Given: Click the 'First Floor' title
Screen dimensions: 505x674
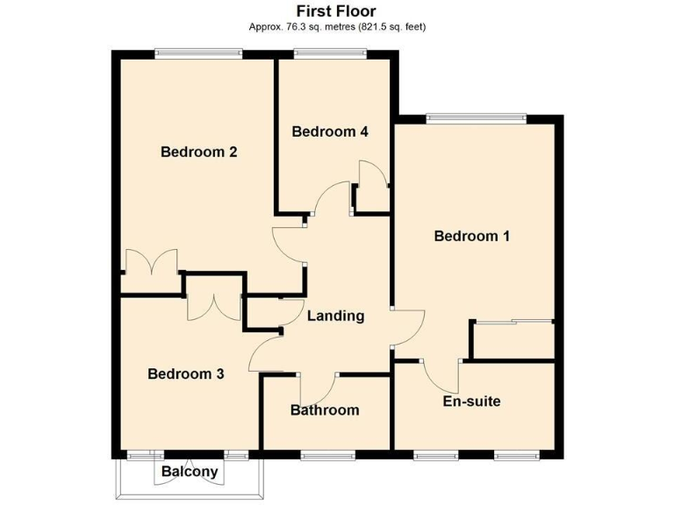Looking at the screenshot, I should tap(336, 11).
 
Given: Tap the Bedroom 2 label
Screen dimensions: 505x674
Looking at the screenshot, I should tap(199, 152).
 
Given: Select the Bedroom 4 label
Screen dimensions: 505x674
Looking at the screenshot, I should tap(329, 132).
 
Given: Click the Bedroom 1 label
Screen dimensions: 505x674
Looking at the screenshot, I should tap(472, 236).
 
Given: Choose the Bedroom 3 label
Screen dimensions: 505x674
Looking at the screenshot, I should tap(185, 374).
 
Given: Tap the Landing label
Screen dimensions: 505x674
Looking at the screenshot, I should tap(335, 316).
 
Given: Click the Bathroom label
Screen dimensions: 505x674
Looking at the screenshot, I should tap(325, 410).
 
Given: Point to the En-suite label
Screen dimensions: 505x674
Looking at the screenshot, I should tap(471, 402).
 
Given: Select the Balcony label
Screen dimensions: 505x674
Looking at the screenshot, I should tap(189, 472).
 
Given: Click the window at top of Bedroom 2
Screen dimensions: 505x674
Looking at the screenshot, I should tap(198, 54).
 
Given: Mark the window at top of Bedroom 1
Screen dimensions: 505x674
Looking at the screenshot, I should tap(476, 117).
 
